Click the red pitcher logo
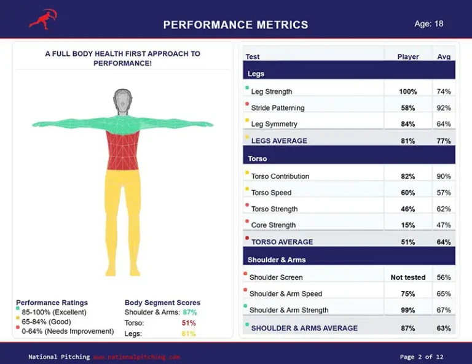pos(42,19)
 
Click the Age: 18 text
pos(428,24)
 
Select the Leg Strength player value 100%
pos(407,91)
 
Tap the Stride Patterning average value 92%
pos(443,108)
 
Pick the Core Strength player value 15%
pos(407,225)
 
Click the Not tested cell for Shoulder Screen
pos(407,277)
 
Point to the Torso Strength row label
pos(274,209)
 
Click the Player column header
pos(407,56)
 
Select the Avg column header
pos(443,56)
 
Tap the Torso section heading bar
pos(349,158)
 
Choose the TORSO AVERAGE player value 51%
pos(407,242)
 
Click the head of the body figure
pos(123,101)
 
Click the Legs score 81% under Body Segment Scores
pos(188,334)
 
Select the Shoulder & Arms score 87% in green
pos(189,312)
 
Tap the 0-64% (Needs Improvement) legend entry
pos(68,331)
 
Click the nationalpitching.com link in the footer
pos(136,357)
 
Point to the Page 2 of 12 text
pos(421,357)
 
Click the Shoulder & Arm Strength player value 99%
pos(407,310)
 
